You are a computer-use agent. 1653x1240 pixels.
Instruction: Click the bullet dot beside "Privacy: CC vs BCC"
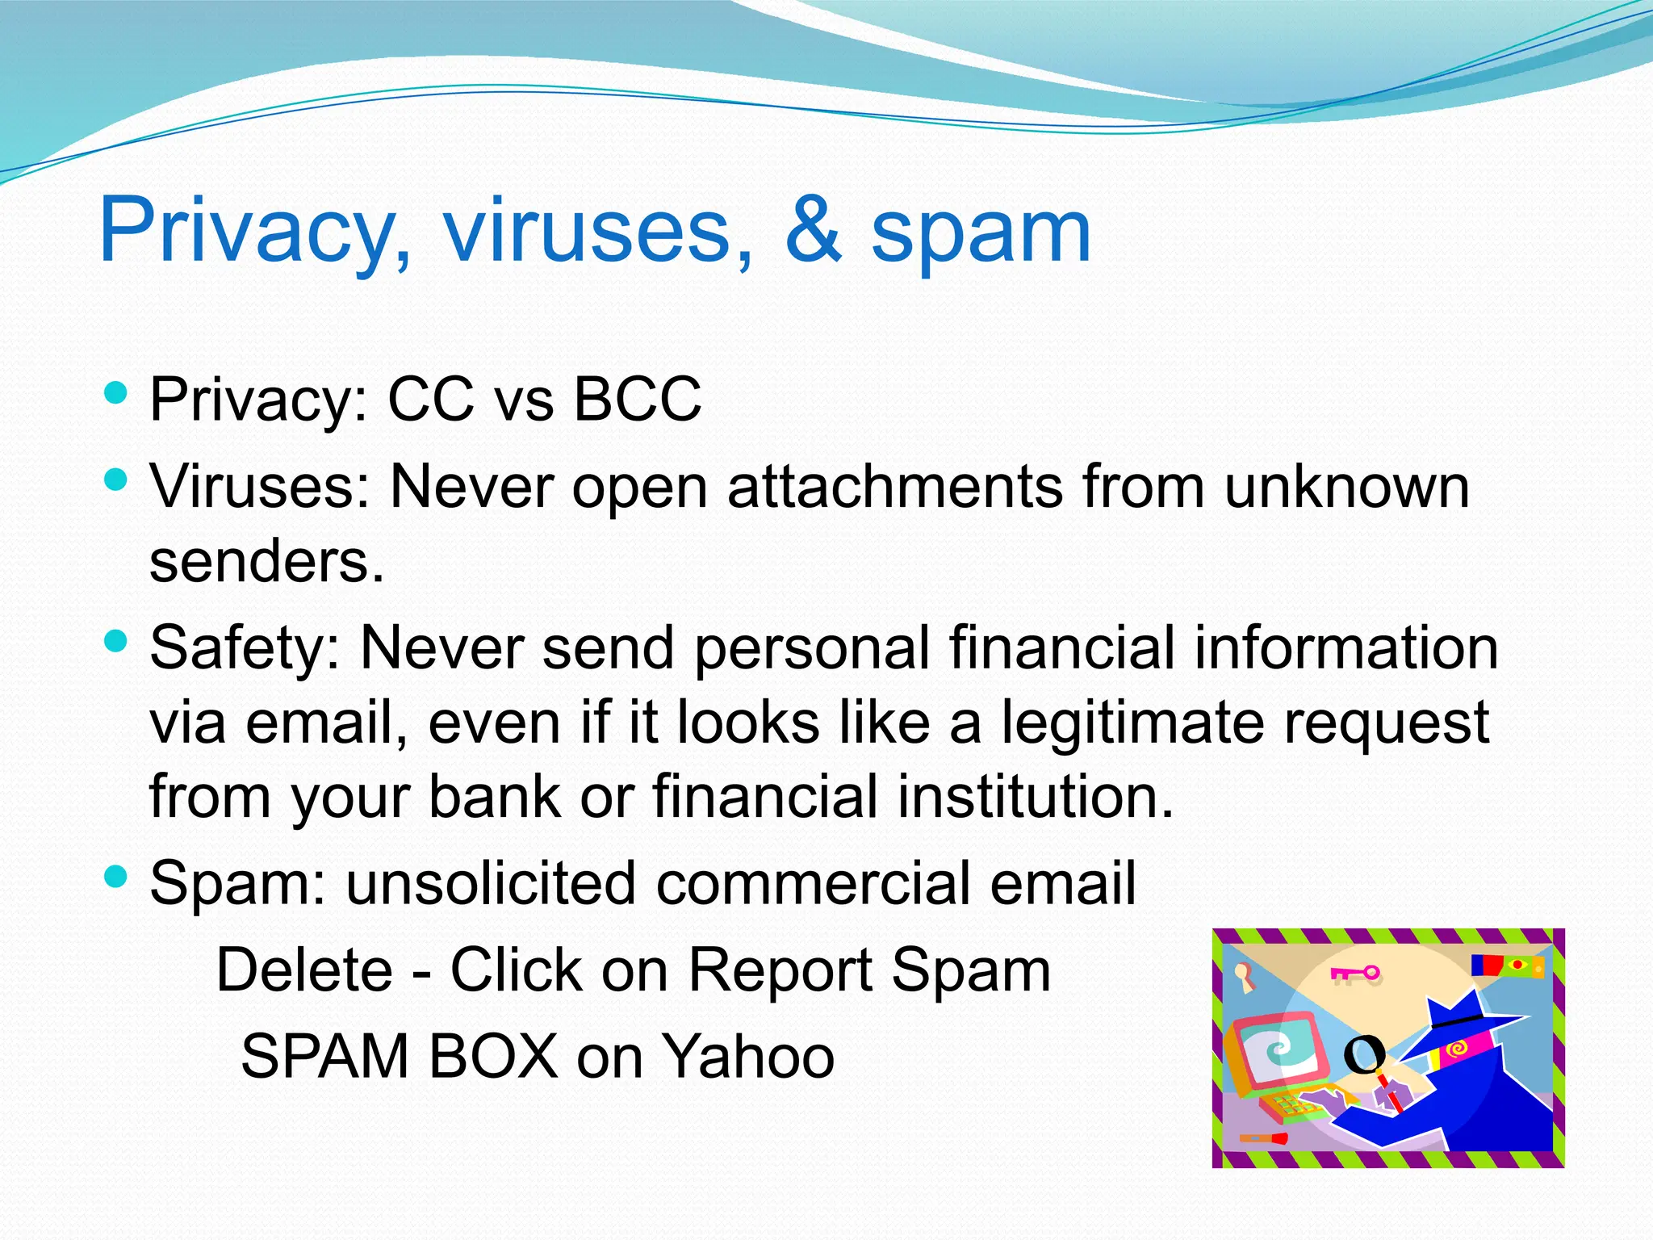pyautogui.click(x=116, y=394)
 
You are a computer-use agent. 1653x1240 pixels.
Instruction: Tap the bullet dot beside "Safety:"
pyautogui.click(x=116, y=643)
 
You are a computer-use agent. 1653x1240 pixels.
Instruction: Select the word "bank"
pyautogui.click(x=494, y=797)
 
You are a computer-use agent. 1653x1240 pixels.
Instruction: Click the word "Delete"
pyautogui.click(x=305, y=970)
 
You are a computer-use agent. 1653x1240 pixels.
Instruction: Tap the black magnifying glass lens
pyautogui.click(x=1364, y=1053)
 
